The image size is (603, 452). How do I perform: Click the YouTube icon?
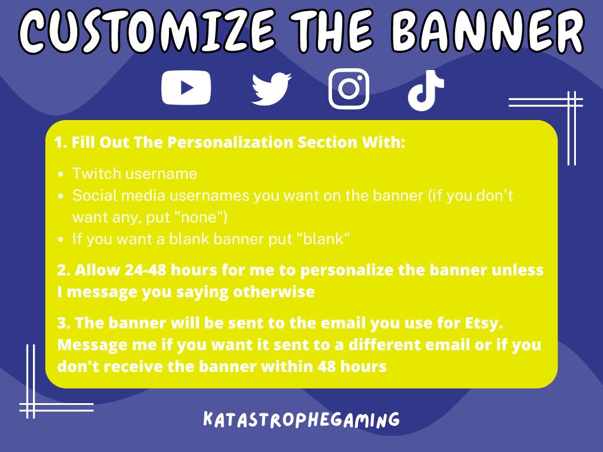(x=186, y=88)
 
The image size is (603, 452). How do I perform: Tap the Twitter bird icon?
(x=271, y=89)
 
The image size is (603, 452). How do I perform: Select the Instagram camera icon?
(x=349, y=89)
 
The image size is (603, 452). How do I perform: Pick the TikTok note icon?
(x=425, y=90)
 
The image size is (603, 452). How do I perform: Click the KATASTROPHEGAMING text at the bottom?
(x=301, y=420)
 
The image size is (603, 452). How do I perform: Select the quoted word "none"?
(x=201, y=217)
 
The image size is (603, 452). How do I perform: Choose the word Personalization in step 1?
(x=223, y=142)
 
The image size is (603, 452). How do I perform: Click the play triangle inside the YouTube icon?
(x=187, y=88)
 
